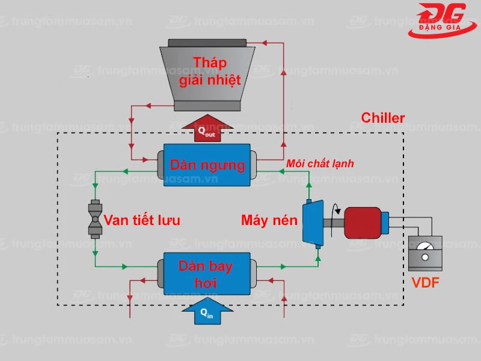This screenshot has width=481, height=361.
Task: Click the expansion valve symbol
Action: pos(95,218)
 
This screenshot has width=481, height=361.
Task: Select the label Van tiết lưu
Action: pos(141,220)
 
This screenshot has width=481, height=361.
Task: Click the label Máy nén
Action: pos(269,220)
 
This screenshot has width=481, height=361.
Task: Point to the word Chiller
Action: pos(383,118)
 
